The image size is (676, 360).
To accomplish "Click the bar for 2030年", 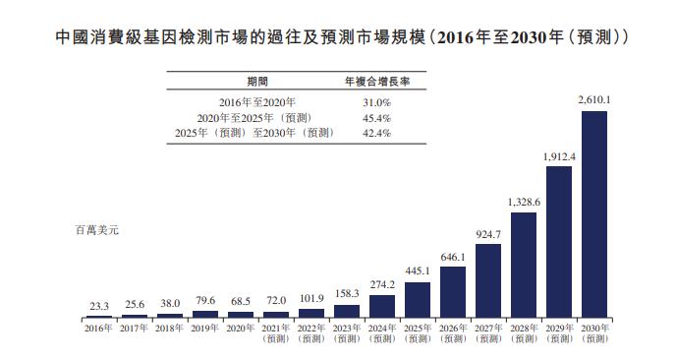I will pyautogui.click(x=594, y=214).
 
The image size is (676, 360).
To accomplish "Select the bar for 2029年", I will pyautogui.click(x=559, y=242).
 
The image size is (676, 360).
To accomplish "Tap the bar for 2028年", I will pyautogui.click(x=524, y=265).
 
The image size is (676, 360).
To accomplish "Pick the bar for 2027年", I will pyautogui.click(x=488, y=280).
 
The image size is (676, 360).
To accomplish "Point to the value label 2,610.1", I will pyautogui.click(x=594, y=100).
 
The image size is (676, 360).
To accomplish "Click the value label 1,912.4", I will pyautogui.click(x=559, y=156).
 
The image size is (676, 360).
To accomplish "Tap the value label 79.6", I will pyautogui.click(x=204, y=301).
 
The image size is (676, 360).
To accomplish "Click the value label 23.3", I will pyautogui.click(x=98, y=305).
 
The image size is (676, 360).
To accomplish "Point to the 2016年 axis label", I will pyautogui.click(x=98, y=328).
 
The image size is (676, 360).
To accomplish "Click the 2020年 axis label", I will pyautogui.click(x=240, y=328).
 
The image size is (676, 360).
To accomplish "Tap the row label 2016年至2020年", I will pyautogui.click(x=257, y=102).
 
